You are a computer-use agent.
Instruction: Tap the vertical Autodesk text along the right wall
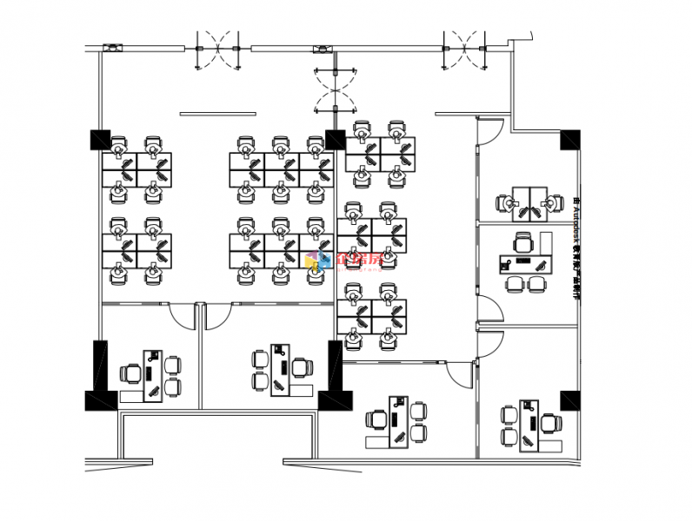[576, 247]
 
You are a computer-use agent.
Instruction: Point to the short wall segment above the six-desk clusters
[218, 114]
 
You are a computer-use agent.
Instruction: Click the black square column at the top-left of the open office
[100, 139]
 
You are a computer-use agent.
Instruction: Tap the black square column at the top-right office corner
[570, 139]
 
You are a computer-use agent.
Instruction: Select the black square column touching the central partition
[336, 139]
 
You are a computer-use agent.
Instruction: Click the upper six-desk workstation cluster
[281, 169]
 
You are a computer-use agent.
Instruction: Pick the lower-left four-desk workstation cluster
[136, 250]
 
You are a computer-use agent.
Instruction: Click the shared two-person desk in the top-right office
[529, 202]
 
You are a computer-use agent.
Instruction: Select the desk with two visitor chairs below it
[525, 261]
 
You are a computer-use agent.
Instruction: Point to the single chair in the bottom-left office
[131, 374]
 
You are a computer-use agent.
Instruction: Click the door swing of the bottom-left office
[183, 316]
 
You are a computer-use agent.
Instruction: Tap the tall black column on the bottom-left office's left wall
[100, 365]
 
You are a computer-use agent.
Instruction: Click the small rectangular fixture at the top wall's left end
[112, 48]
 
